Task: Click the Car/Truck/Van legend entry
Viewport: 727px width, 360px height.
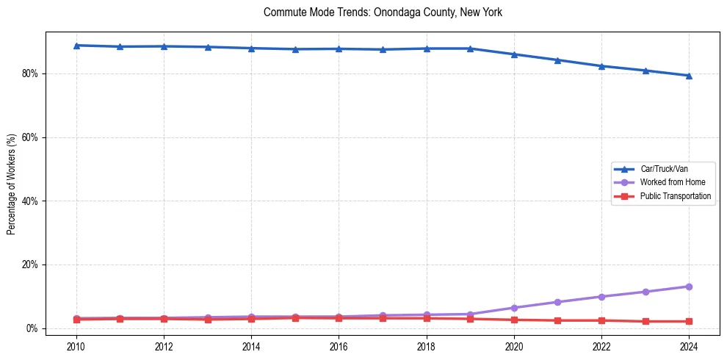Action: click(664, 169)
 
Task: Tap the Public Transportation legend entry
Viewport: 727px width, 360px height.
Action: click(675, 196)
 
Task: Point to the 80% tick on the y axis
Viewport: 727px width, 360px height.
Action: click(31, 73)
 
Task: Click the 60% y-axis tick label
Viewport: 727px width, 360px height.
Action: click(31, 137)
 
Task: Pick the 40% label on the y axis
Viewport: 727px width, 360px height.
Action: click(31, 201)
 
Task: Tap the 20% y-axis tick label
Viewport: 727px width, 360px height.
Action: click(31, 264)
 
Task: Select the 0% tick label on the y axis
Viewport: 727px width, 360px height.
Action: click(33, 328)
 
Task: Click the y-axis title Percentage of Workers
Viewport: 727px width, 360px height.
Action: click(12, 184)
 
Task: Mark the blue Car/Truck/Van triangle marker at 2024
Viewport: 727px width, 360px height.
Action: click(689, 76)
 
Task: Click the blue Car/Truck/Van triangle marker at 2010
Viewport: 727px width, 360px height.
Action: click(76, 46)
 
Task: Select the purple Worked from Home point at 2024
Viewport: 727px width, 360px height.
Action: click(689, 287)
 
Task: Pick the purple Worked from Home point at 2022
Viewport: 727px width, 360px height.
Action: click(601, 297)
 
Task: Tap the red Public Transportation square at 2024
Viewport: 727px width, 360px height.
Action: click(689, 321)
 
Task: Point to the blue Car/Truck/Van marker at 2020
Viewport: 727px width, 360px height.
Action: click(514, 54)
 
